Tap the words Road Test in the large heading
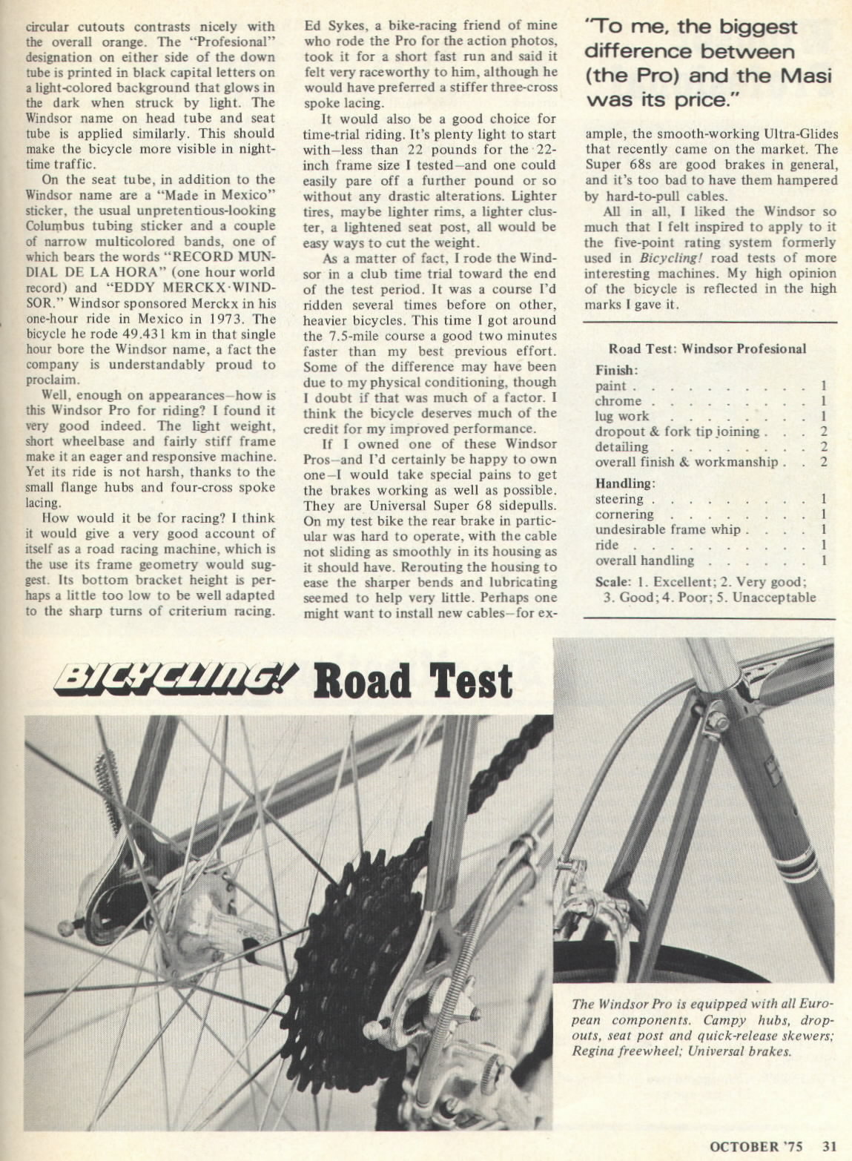click(412, 680)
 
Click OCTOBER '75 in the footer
click(755, 1146)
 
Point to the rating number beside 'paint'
click(823, 386)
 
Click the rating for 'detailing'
click(823, 446)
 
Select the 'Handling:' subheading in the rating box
click(624, 483)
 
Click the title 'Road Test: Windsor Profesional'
click(707, 348)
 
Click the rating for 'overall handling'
click(823, 560)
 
